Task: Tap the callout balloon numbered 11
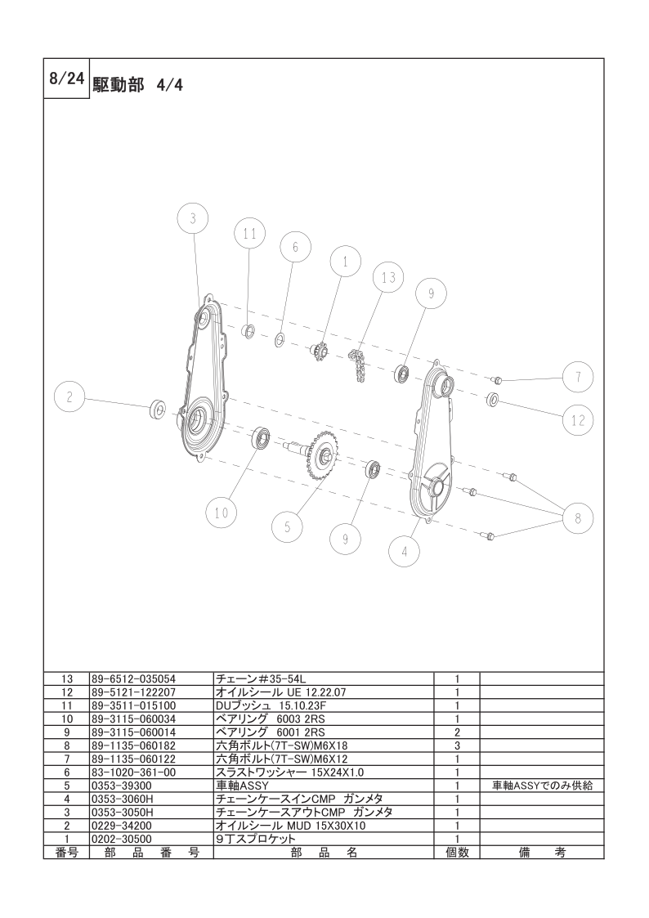tap(249, 234)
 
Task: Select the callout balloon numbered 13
tap(388, 277)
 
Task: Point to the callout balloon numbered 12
tap(578, 420)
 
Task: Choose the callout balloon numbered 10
tap(222, 513)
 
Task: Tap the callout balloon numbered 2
tap(69, 396)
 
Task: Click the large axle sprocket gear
tap(321, 455)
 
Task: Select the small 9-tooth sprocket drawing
tap(318, 352)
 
